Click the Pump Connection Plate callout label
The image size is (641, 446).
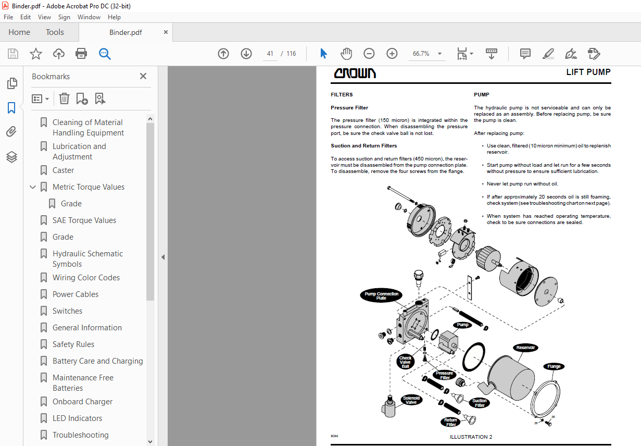pos(382,296)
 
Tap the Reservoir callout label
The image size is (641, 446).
pos(525,348)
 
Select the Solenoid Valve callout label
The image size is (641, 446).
pos(411,400)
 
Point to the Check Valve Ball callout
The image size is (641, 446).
pos(405,362)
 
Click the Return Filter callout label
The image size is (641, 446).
pos(451,422)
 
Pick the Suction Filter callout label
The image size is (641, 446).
pos(480,403)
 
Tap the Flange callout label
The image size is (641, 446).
pos(554,366)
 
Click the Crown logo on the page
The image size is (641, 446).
pos(355,73)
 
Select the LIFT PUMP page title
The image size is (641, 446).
pos(588,72)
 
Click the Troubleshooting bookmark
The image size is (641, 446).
pos(81,435)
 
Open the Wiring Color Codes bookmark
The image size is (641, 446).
pos(86,278)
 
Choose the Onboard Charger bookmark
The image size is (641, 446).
pos(82,402)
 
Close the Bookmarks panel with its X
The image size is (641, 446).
pos(143,76)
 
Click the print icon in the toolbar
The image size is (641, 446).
pos(81,54)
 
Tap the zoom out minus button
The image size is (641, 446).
pos(369,54)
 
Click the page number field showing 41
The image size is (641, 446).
pos(270,54)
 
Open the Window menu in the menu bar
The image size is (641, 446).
pos(89,17)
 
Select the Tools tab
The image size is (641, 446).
pos(55,32)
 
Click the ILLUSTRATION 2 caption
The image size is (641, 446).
pos(471,437)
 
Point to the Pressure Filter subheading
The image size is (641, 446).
pos(349,108)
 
